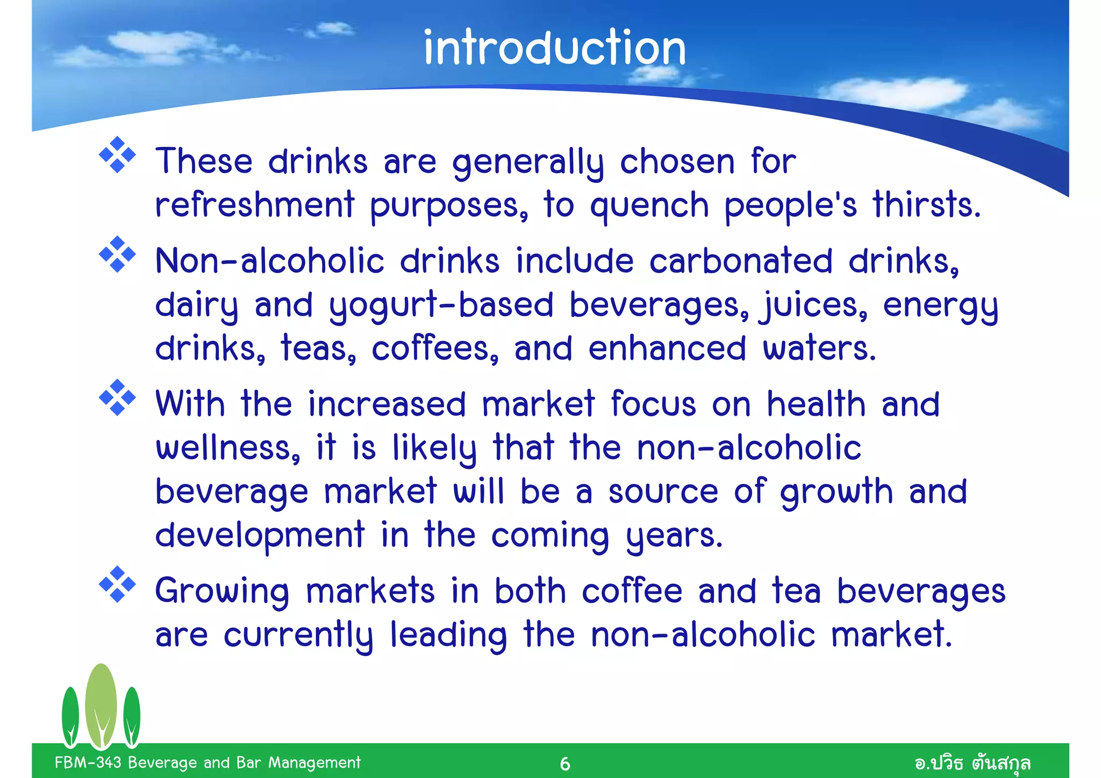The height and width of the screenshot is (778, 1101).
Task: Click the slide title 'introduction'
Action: (555, 48)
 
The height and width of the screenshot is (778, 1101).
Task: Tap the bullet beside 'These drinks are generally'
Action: (117, 155)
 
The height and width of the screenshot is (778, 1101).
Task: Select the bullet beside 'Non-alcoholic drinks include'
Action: (117, 254)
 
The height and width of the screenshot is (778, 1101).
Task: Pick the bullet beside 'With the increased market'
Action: (117, 398)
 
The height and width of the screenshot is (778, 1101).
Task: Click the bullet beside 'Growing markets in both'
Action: (117, 584)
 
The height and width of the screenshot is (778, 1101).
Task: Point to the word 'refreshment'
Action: (255, 205)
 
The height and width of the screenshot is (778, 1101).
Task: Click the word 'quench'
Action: (649, 206)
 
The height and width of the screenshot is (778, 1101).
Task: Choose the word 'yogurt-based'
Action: (441, 306)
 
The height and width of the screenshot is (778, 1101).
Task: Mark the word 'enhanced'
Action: (667, 348)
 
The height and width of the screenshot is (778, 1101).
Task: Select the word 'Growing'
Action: (222, 592)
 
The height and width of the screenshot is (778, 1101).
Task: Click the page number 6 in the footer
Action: (564, 763)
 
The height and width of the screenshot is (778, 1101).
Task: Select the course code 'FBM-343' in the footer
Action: (88, 762)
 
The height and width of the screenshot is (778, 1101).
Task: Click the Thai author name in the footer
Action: (973, 763)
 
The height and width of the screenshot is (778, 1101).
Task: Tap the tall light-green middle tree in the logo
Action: (101, 704)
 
